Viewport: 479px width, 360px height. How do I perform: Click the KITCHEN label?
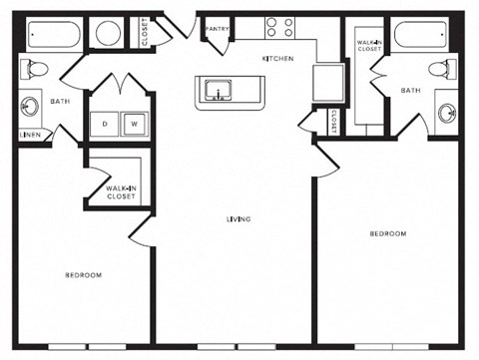coord(277,59)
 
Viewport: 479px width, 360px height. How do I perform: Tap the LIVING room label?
coord(238,219)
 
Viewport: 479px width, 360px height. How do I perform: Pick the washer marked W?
coord(133,125)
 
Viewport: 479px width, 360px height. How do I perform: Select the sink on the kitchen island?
coord(219,94)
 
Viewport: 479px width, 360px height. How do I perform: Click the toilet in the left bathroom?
coord(34,70)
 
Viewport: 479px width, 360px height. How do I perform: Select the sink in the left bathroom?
coord(31,105)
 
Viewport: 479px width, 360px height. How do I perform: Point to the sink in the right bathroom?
coord(445,108)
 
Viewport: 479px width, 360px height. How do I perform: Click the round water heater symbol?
coord(106,34)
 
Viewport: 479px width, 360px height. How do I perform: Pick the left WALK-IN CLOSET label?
coord(122,192)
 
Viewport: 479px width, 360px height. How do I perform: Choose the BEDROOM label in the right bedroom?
coord(388,233)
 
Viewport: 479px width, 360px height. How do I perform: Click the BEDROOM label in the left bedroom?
coord(83,274)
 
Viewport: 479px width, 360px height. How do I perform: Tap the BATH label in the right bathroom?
coord(411,91)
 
